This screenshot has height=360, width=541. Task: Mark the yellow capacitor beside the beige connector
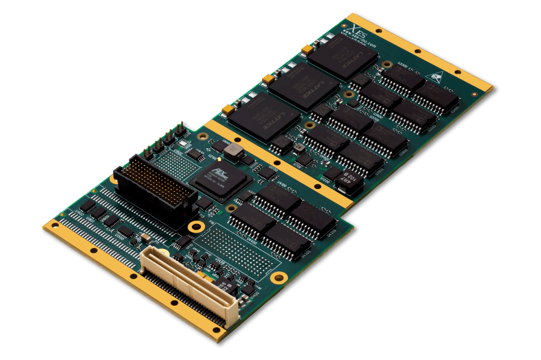coord(203,274)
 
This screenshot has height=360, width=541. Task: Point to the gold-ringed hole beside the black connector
coord(197,228)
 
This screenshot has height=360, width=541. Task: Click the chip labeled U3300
coord(403,79)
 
